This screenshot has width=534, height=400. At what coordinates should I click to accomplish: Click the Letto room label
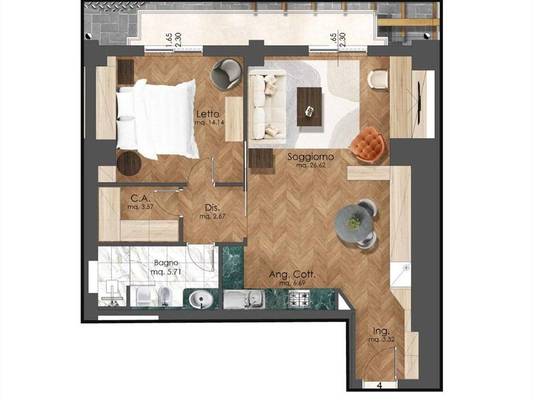208,114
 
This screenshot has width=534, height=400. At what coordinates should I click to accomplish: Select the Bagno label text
166,263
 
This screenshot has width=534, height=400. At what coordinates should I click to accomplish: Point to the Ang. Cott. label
292,275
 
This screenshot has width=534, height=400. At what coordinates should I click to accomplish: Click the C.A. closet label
140,198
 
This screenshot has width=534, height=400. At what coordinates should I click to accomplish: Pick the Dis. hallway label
212,207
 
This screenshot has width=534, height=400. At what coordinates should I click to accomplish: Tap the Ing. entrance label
381,331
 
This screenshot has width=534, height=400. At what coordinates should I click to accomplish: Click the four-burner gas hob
299,299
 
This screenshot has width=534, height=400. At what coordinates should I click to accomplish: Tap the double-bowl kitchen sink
244,299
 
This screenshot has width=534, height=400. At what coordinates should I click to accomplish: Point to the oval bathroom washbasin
201,300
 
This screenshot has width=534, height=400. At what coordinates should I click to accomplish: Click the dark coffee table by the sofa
310,107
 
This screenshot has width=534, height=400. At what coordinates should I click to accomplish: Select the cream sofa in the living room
267,108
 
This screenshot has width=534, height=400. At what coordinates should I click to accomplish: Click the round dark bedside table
128,163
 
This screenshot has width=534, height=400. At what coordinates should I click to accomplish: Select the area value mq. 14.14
209,122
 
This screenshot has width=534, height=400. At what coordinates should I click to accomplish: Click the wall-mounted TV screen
420,103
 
